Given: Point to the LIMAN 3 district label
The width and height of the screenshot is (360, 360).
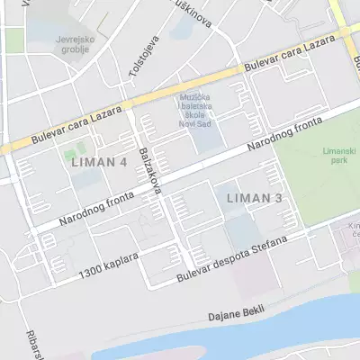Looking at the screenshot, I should pyautogui.click(x=255, y=197).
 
